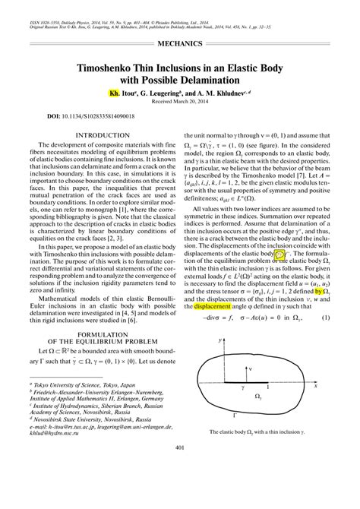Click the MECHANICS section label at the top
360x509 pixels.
pyautogui.click(x=179, y=45)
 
